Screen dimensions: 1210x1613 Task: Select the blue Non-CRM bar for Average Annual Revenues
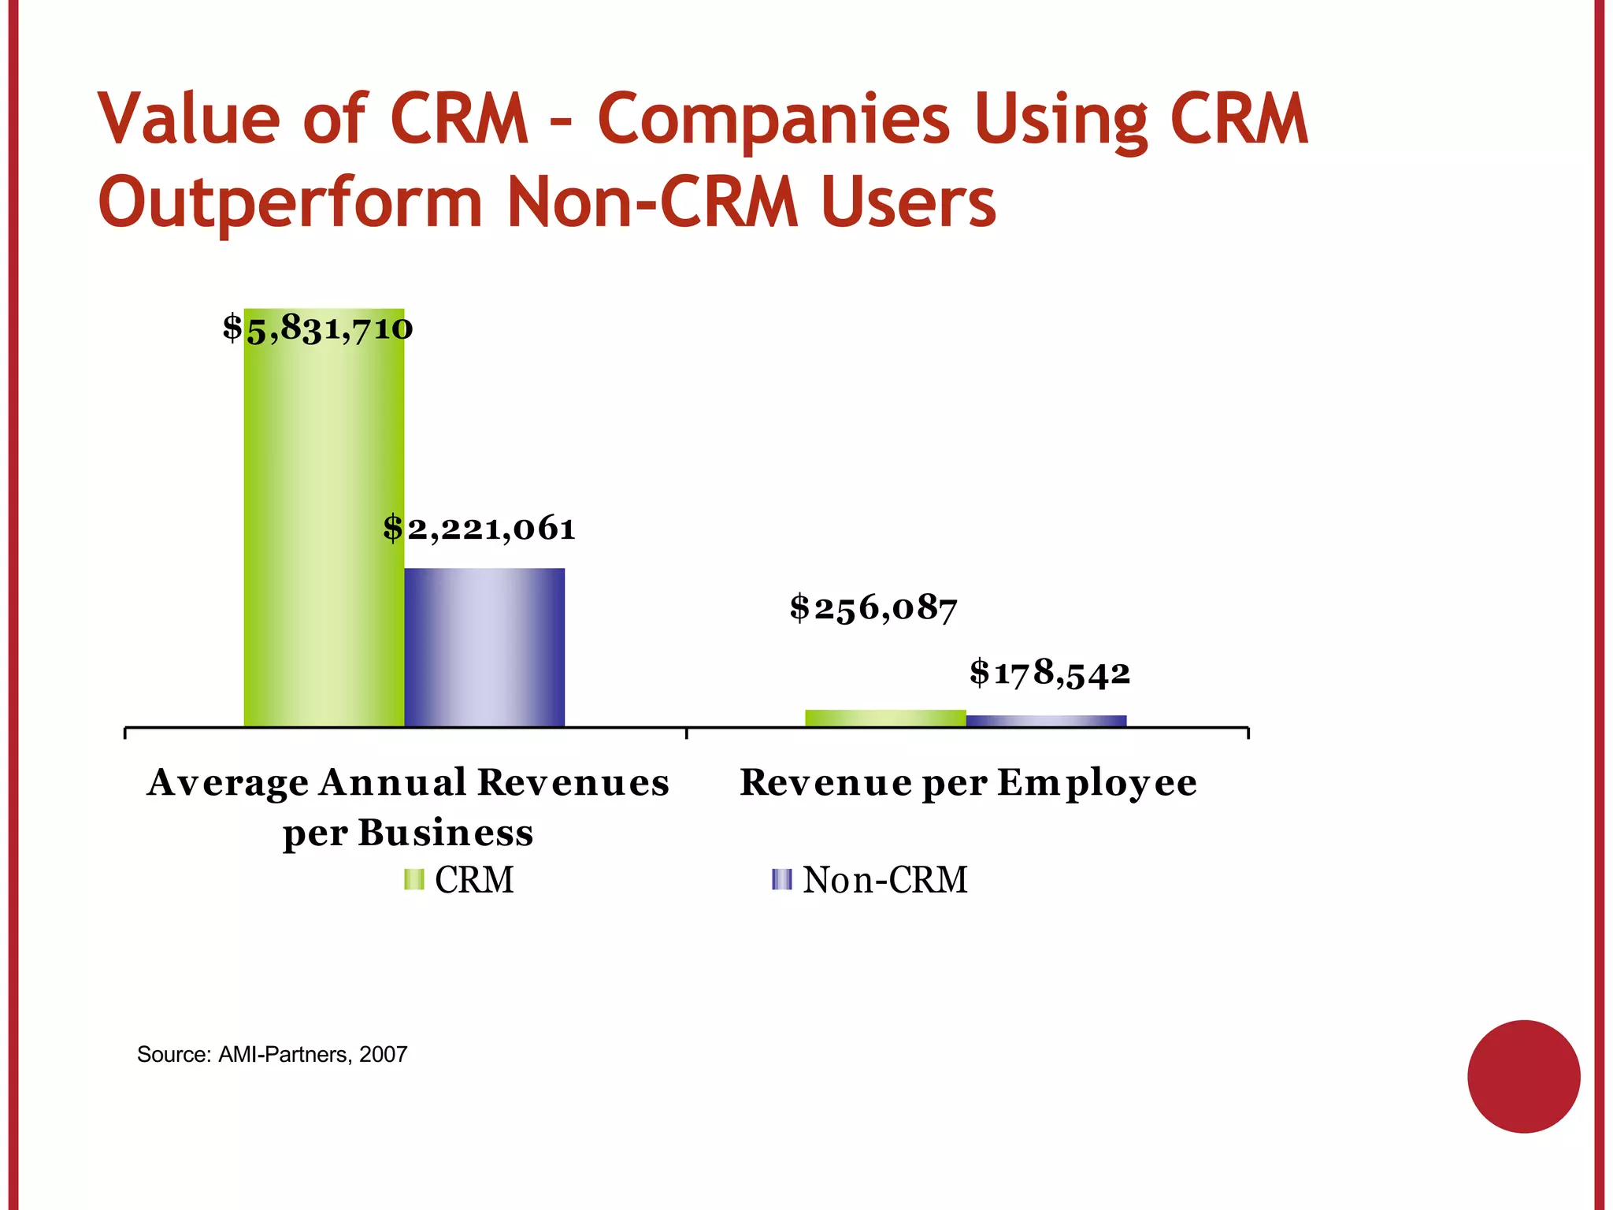484,647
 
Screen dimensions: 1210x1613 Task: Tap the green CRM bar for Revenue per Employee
885,718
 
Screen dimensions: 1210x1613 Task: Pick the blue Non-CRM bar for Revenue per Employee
1046,720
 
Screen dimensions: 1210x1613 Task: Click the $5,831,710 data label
317,328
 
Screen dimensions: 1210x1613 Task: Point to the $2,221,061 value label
479,529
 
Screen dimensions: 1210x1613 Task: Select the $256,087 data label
873,608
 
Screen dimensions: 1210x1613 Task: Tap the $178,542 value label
1050,674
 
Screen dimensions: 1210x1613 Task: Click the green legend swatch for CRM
413,879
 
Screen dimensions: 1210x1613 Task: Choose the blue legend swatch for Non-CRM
781,879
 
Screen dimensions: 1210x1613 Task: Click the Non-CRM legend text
885,880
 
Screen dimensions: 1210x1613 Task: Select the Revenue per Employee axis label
968,783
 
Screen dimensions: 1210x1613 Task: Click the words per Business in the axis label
408,833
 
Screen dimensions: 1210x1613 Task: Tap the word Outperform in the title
290,203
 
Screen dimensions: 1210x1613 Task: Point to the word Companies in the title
773,121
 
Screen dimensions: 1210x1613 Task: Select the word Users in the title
908,202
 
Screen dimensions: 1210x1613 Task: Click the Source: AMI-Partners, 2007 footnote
272,1054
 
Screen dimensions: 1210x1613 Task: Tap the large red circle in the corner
1523,1076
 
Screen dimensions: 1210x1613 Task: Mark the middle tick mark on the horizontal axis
687,733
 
